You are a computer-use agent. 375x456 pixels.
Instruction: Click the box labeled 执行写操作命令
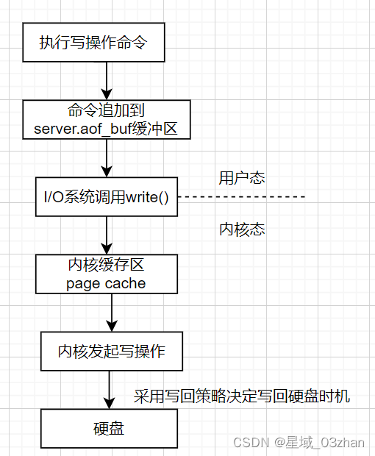[x=93, y=42]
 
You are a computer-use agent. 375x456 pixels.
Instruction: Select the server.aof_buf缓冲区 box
[x=107, y=119]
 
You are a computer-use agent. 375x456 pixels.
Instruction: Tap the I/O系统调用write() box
[x=107, y=196]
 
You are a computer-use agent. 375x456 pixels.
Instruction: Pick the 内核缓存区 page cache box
[x=107, y=274]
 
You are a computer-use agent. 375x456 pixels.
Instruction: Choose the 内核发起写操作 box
[x=112, y=352]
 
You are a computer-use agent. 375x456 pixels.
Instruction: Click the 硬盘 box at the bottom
[x=109, y=428]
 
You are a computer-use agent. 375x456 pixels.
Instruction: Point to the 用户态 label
[x=242, y=178]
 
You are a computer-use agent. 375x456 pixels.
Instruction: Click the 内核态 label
[x=242, y=229]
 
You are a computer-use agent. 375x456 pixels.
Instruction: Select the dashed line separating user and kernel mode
[x=243, y=197]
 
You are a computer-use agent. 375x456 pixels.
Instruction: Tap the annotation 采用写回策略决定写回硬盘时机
[x=242, y=397]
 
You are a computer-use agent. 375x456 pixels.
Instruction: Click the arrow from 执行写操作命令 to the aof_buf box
[x=107, y=81]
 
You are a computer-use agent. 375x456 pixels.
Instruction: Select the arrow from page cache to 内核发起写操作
[x=112, y=313]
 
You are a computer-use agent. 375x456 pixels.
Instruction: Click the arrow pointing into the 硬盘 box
[x=110, y=390]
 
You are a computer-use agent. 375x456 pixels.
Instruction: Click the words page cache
[x=106, y=283]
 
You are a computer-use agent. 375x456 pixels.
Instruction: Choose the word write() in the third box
[x=147, y=196]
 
